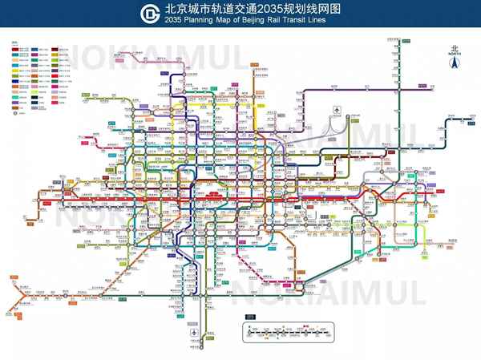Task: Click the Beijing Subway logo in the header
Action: coord(150,14)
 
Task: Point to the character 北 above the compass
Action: coord(454,47)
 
